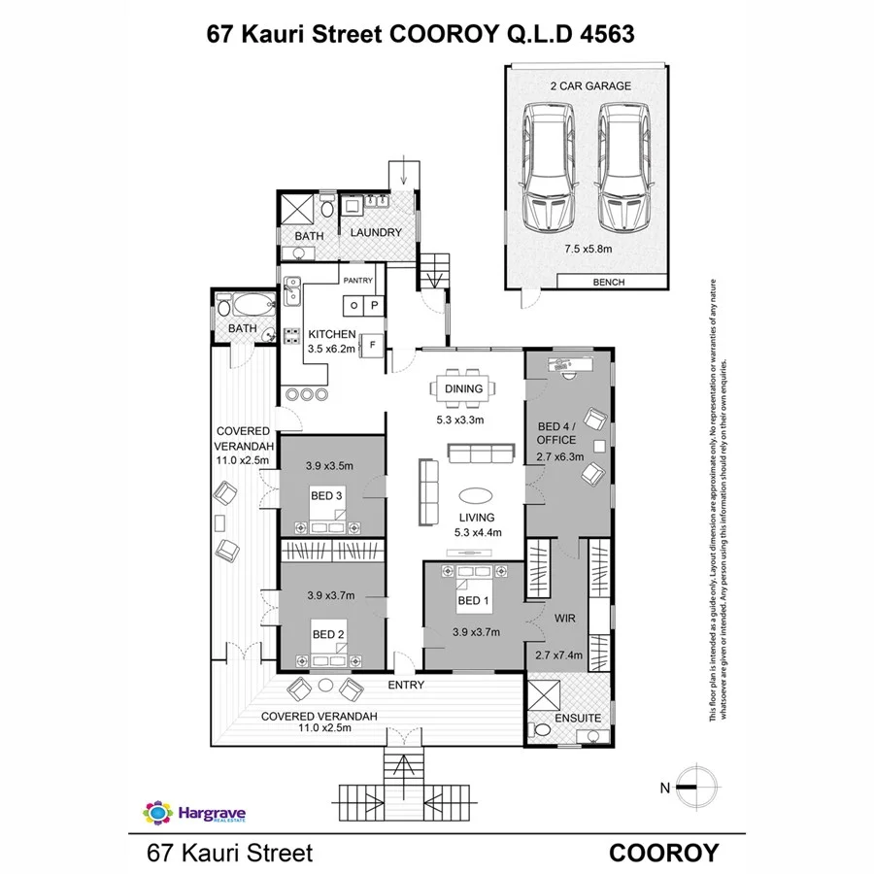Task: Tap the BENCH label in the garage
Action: (x=608, y=283)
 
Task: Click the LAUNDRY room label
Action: (x=376, y=233)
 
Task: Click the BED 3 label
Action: (x=326, y=496)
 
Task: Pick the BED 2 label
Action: (x=328, y=635)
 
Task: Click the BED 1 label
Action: (x=472, y=600)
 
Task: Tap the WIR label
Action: (x=566, y=617)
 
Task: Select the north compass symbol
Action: (x=695, y=787)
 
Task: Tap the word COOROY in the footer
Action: (x=663, y=854)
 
